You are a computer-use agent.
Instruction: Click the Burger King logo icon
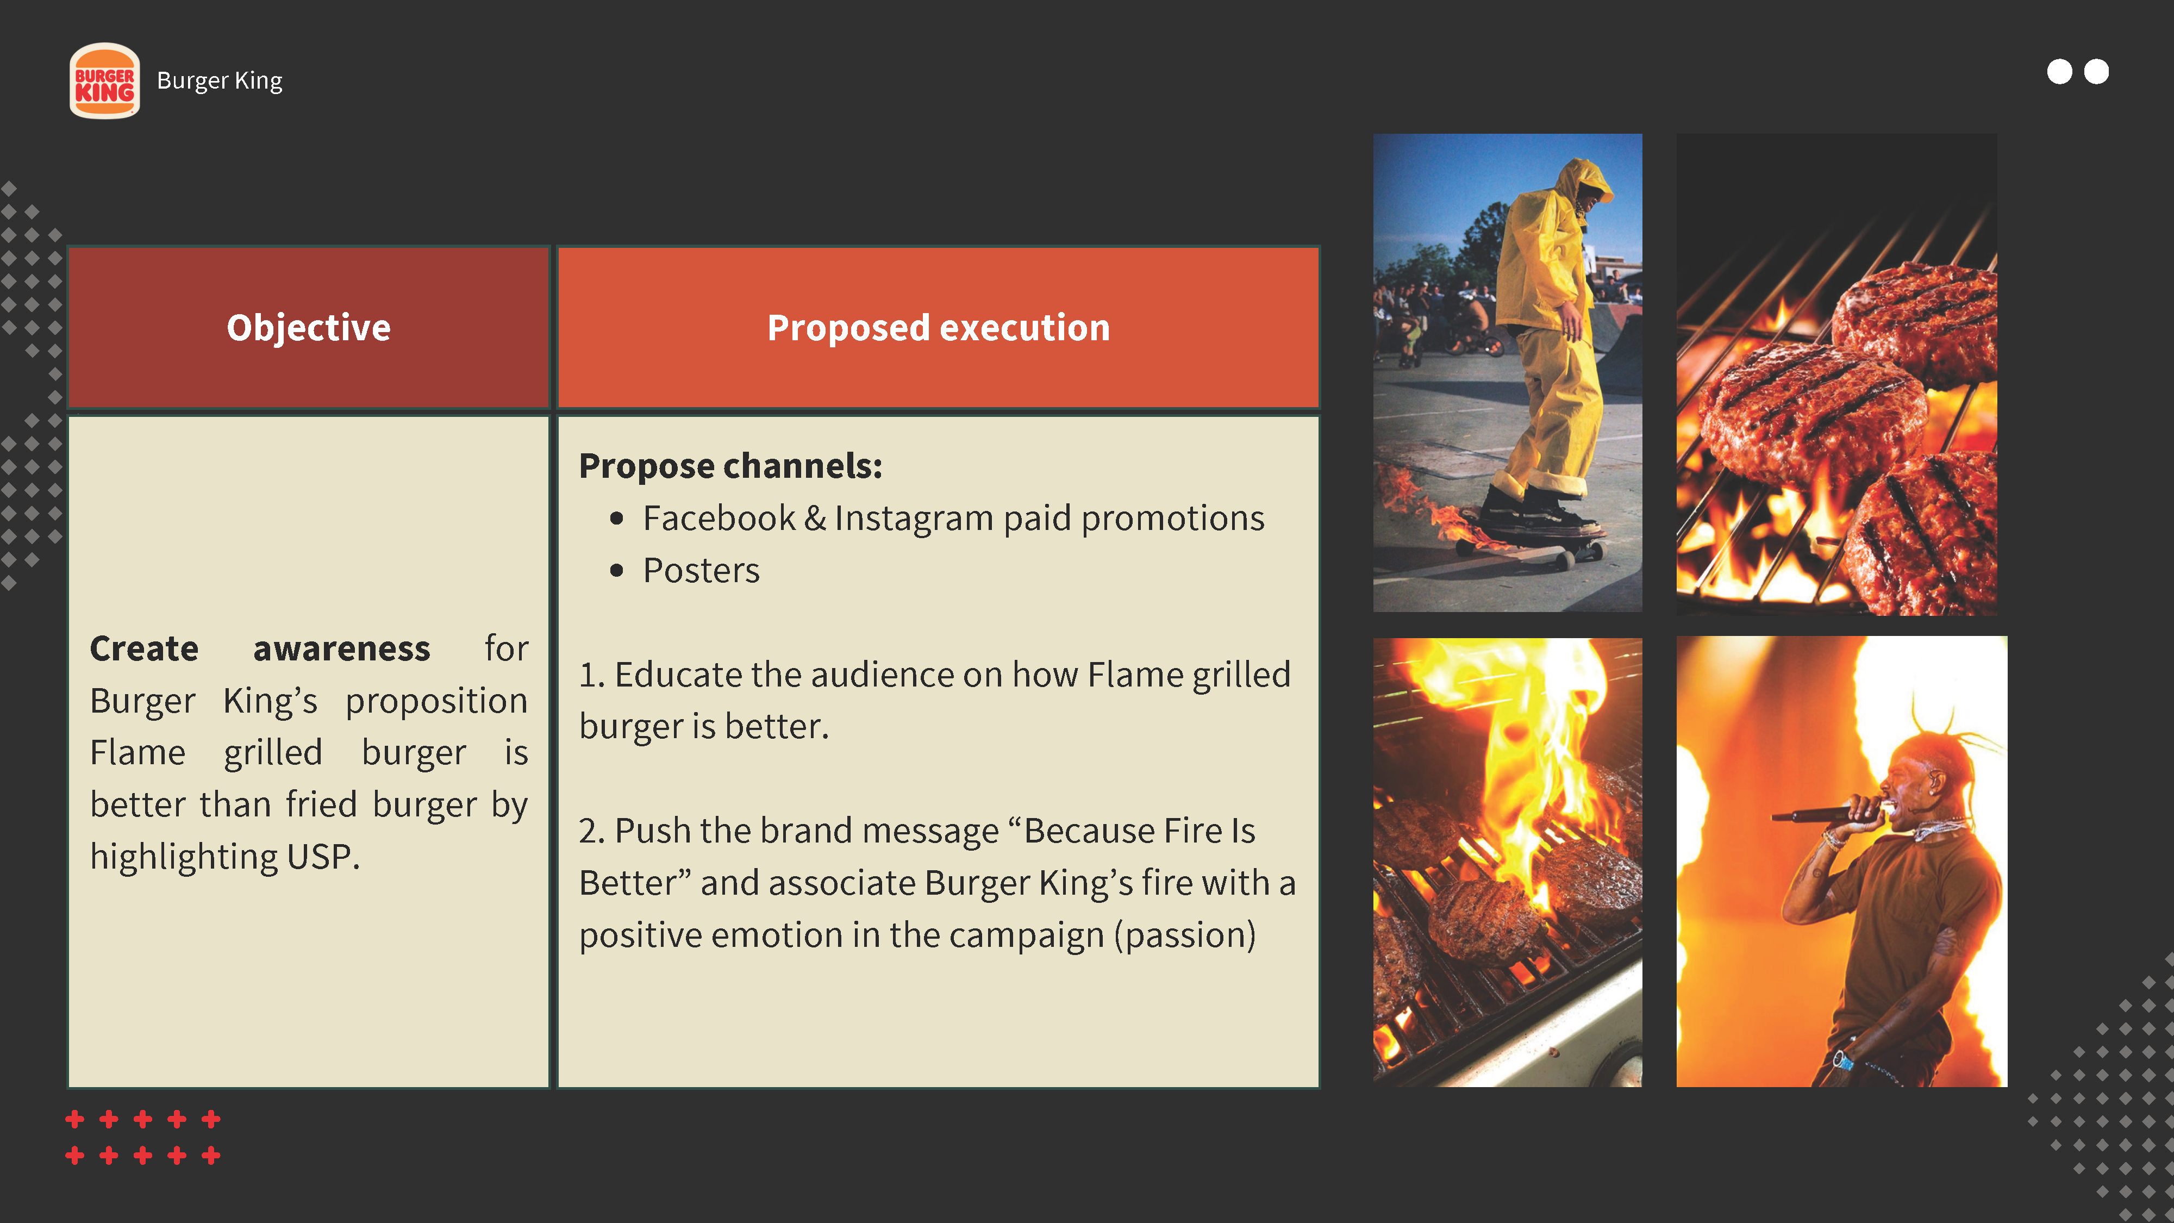coord(105,81)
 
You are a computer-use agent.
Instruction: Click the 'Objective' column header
coord(309,327)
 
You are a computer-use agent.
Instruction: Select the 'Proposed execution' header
coord(939,327)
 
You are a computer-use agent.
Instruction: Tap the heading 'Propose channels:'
coord(731,466)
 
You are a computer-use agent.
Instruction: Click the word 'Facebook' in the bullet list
coord(719,518)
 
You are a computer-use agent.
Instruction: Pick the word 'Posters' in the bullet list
coord(701,571)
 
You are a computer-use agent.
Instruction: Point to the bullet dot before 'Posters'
coord(617,571)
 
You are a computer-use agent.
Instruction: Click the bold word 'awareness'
coord(342,648)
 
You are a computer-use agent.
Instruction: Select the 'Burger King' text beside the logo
coord(220,81)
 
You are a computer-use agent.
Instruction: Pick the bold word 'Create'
coord(145,648)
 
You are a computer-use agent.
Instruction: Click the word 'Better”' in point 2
coord(635,883)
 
